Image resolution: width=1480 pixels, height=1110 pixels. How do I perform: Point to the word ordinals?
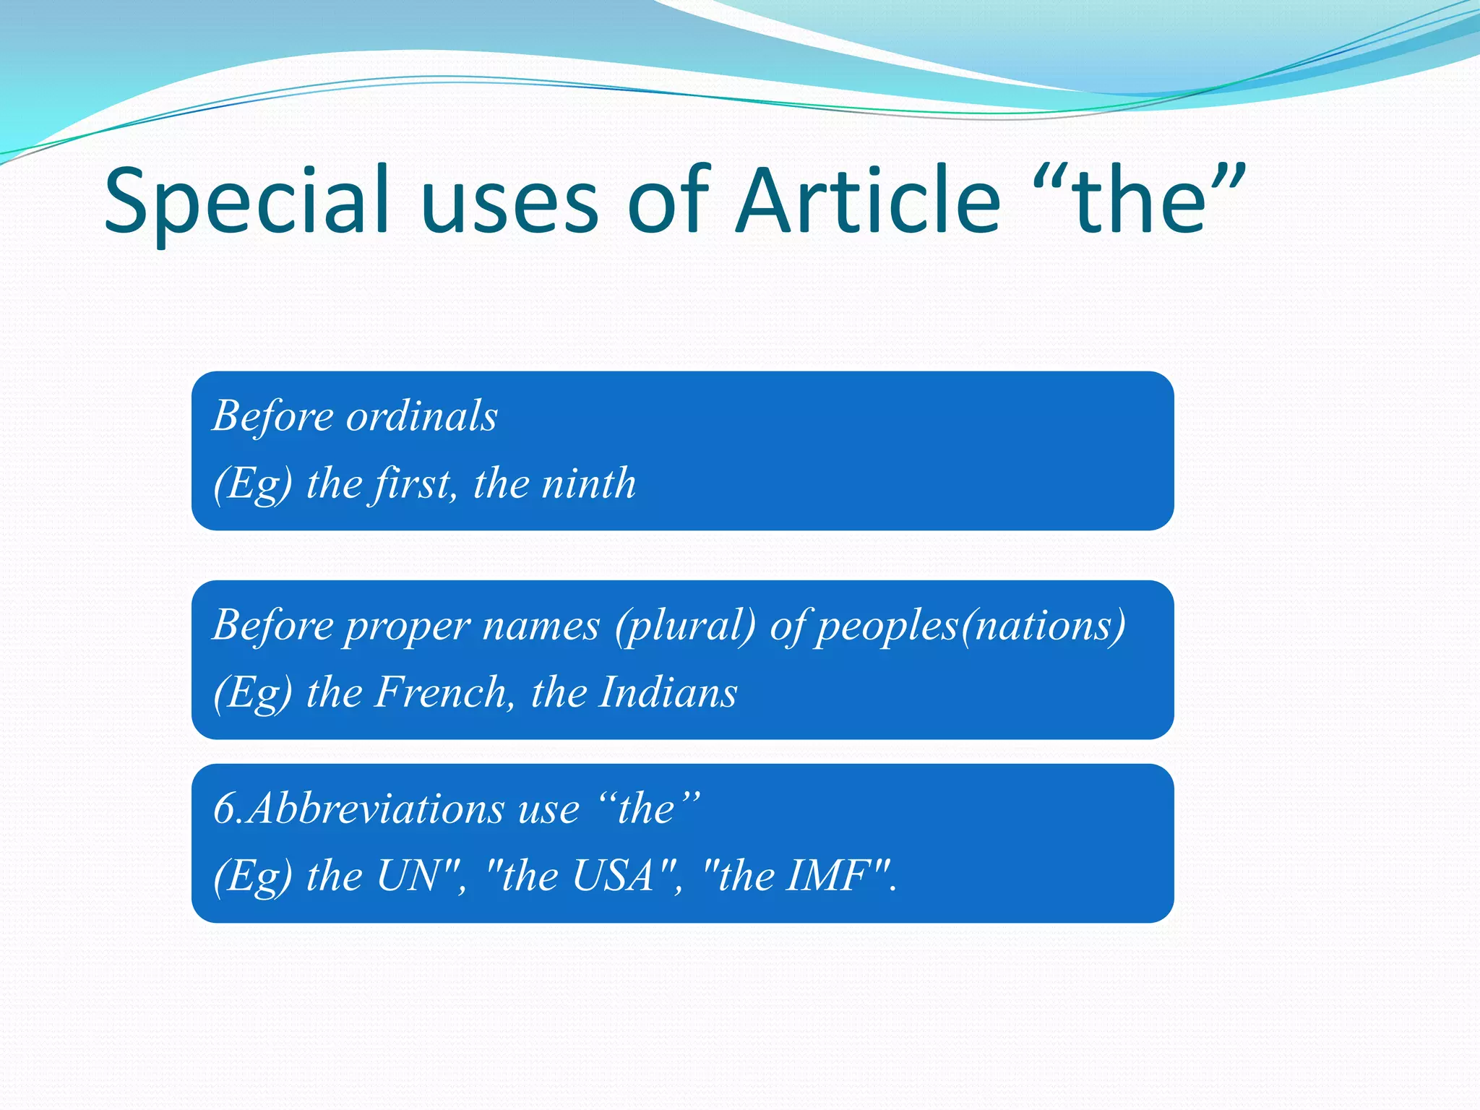(422, 416)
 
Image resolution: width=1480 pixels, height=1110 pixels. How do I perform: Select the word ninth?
(589, 483)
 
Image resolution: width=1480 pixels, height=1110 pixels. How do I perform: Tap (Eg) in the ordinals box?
(253, 483)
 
